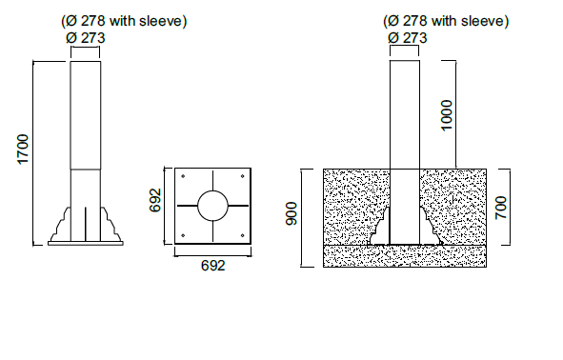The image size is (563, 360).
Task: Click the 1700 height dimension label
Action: pos(23,150)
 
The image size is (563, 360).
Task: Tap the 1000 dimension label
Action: pos(447,115)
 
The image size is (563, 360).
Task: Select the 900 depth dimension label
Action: pos(292,214)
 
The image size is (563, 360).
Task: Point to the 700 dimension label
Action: pos(500,208)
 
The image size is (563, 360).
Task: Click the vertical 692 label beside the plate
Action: pos(155,200)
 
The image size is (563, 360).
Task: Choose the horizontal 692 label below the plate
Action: pos(213,266)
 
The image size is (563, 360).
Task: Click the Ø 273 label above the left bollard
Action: pos(86,38)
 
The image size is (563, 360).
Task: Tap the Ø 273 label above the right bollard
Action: pos(408,38)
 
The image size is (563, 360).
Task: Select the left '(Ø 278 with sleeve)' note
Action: pos(124,21)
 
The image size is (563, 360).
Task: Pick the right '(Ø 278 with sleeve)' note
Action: pos(446,21)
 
